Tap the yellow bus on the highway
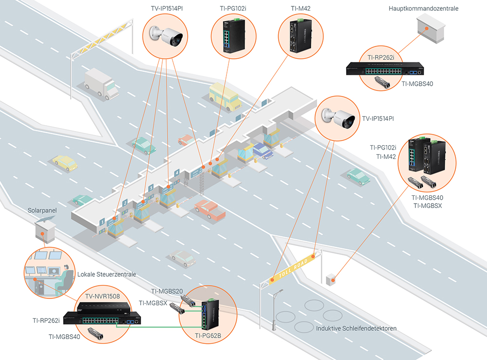pos(225,96)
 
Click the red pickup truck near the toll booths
pos(210,209)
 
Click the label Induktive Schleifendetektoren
pos(356,328)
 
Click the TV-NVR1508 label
pos(103,296)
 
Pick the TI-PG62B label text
pos(208,335)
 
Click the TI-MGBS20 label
pos(168,291)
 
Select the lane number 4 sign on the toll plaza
pos(177,172)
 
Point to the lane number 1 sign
pos(102,222)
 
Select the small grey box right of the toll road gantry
pos(331,279)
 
